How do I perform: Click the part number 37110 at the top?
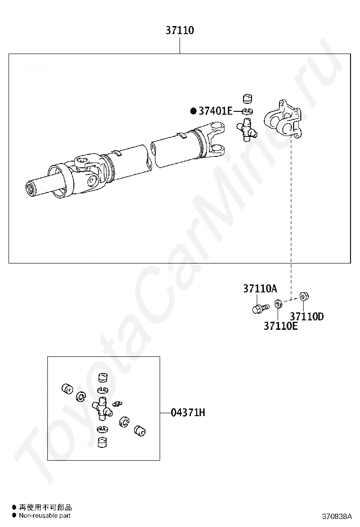click(180, 31)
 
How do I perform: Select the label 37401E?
click(215, 111)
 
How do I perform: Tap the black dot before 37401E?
click(193, 111)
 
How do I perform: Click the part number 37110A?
click(260, 289)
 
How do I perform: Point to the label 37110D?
click(306, 317)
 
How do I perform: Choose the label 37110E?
click(280, 326)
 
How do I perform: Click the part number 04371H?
click(188, 413)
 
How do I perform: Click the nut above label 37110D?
click(305, 297)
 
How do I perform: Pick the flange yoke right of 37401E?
click(283, 119)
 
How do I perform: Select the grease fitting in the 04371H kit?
click(118, 404)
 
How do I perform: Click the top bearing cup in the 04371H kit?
click(102, 378)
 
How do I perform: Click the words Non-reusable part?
click(45, 515)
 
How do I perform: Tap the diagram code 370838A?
click(337, 516)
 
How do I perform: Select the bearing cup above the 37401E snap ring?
click(246, 99)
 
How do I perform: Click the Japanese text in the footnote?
click(45, 508)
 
